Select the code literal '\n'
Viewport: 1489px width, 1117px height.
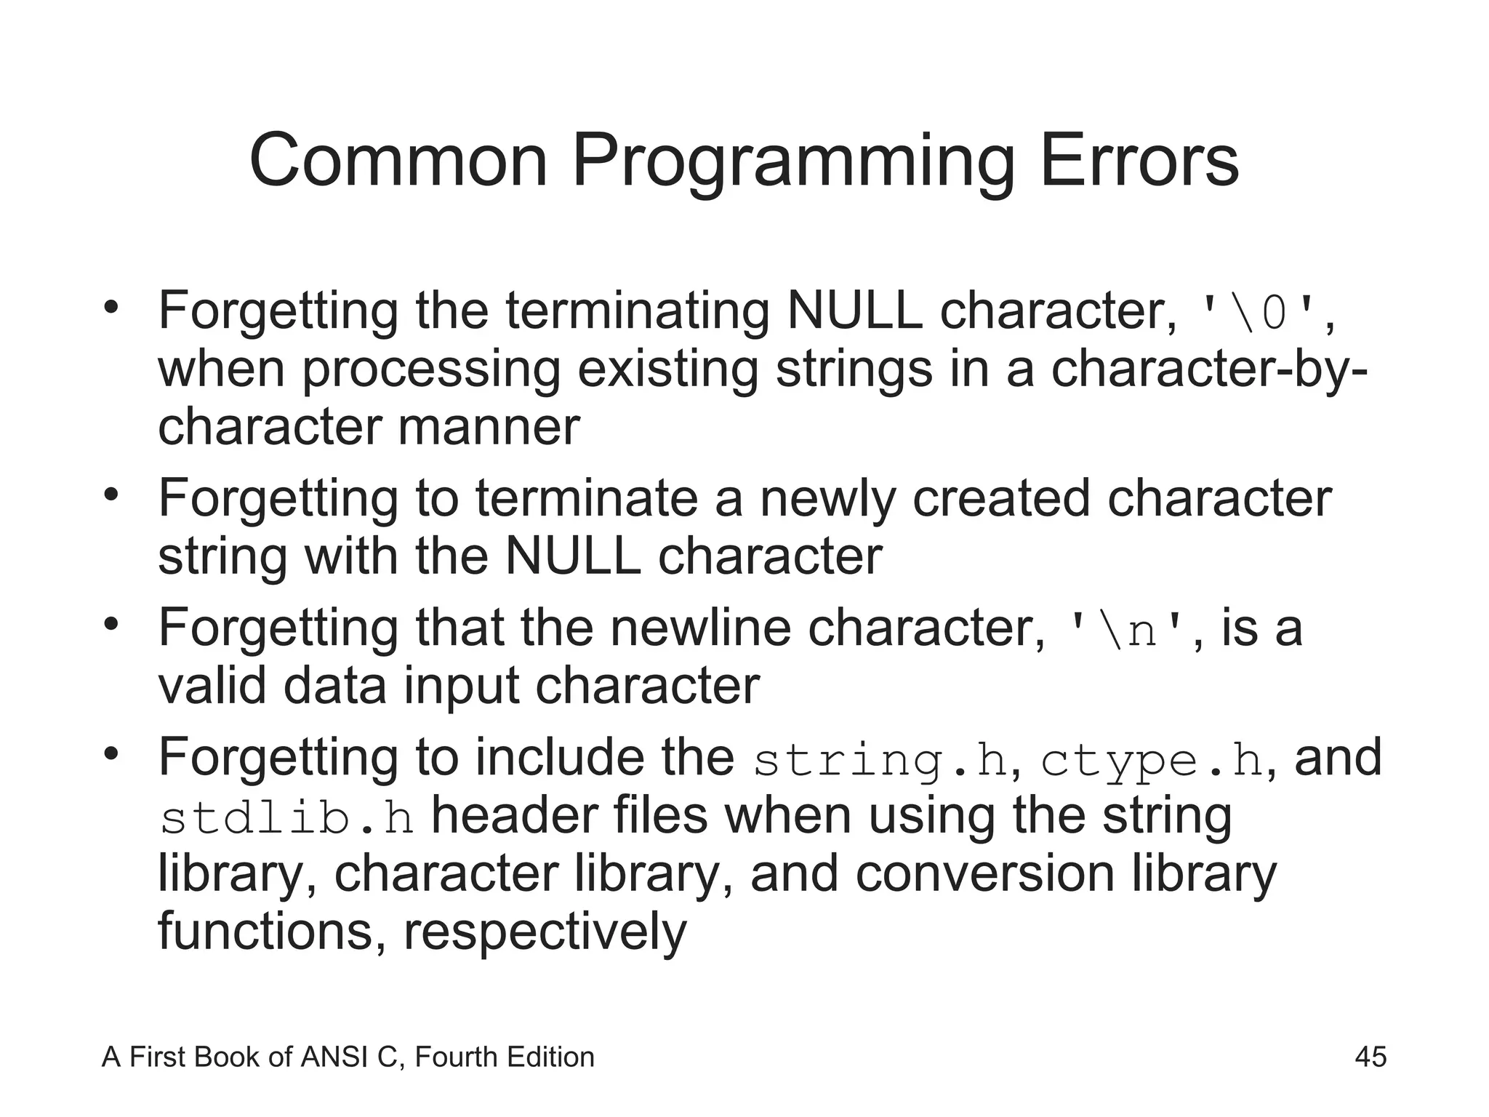point(1125,630)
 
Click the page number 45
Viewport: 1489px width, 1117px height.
point(1370,1057)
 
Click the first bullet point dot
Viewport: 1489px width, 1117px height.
point(111,307)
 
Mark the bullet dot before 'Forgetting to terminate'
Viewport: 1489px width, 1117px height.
point(111,495)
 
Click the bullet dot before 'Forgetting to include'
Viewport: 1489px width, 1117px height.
point(111,753)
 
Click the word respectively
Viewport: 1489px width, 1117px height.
point(545,932)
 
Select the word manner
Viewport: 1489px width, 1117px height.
point(489,427)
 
